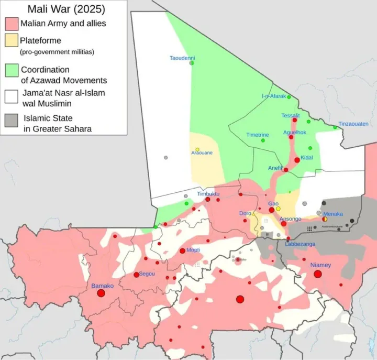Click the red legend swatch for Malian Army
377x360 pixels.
click(11, 24)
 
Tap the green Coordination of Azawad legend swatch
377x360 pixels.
click(11, 70)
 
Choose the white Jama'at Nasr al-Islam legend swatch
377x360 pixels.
click(11, 94)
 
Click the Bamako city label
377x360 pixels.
click(103, 286)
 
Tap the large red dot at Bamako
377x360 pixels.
click(101, 293)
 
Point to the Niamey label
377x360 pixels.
click(320, 265)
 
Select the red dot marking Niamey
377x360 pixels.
click(317, 274)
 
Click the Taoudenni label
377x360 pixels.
click(182, 58)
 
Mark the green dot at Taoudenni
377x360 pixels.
click(192, 63)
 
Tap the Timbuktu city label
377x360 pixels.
click(208, 194)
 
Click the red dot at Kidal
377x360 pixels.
click(297, 160)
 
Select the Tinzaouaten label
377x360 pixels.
click(353, 124)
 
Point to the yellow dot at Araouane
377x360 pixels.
click(197, 149)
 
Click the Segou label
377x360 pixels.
click(147, 274)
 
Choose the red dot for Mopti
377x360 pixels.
click(182, 251)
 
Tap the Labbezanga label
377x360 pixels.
click(300, 244)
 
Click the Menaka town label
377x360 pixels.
click(333, 214)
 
